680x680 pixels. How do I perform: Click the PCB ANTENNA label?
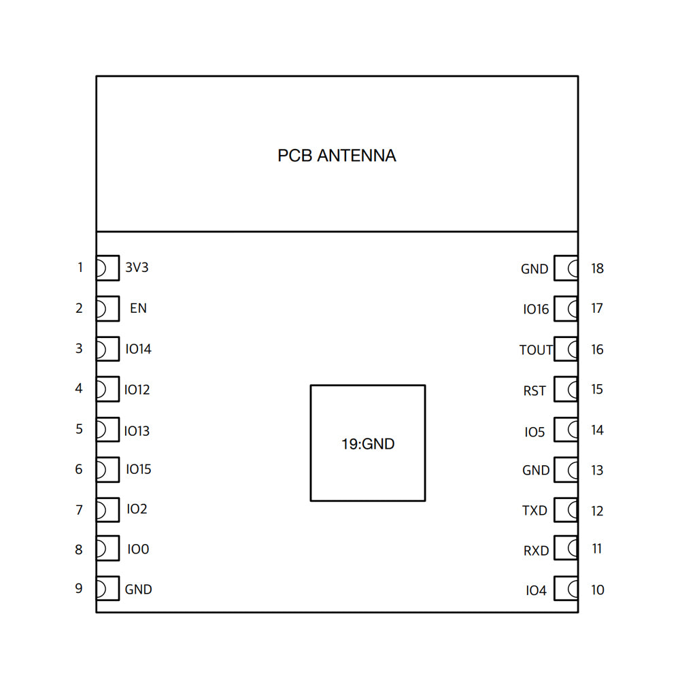(337, 156)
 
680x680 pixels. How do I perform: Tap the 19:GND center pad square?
(368, 443)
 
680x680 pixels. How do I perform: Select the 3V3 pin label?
(137, 268)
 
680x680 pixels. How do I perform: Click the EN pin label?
(138, 308)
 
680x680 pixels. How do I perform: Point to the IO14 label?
(139, 350)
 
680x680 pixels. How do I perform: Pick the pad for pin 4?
(107, 390)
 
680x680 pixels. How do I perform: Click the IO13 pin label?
(137, 431)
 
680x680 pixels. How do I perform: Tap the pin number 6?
(79, 469)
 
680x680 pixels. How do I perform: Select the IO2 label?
(137, 509)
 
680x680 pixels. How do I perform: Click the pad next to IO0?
(107, 549)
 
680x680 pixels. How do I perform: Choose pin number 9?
(79, 588)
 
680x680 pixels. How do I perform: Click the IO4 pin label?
(536, 591)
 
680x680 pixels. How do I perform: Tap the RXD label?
(536, 551)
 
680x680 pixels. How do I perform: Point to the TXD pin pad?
(566, 510)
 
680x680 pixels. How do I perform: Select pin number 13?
(597, 471)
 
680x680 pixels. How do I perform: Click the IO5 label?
(534, 432)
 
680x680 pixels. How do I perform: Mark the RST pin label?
(534, 391)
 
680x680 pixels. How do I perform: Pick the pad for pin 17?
(566, 309)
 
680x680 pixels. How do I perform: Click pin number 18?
(597, 269)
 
